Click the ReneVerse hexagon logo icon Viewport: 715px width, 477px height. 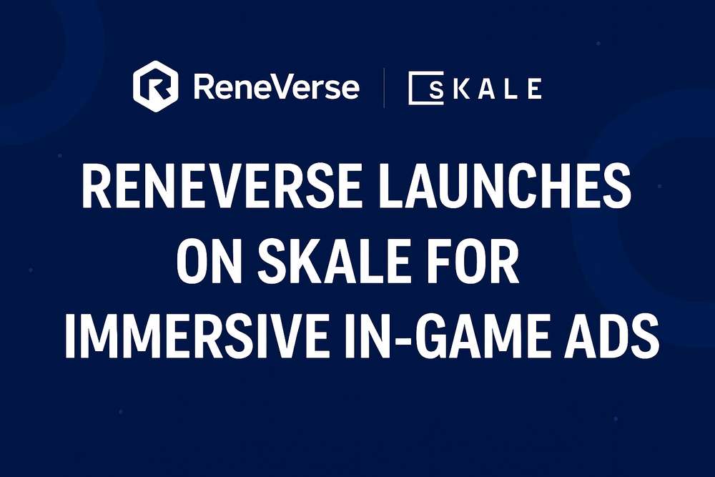click(x=155, y=87)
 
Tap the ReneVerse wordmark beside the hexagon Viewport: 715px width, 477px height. click(x=276, y=87)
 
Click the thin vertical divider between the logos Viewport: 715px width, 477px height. click(x=384, y=87)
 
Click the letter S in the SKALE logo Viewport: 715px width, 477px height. click(x=436, y=89)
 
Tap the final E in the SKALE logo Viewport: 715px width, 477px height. click(x=534, y=89)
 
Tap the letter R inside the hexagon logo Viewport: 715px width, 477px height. click(x=156, y=87)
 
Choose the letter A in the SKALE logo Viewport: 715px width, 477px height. click(x=488, y=89)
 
